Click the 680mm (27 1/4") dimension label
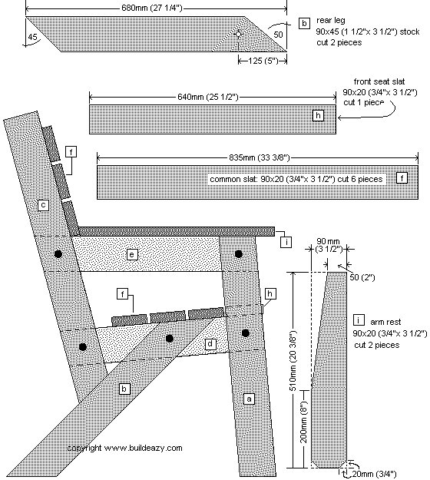coord(152,8)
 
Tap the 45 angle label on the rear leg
coord(32,37)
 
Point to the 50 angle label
coord(278,35)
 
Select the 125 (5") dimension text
coord(263,61)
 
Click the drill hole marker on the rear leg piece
coord(238,34)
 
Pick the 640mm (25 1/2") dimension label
coord(208,97)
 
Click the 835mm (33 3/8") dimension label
coord(260,157)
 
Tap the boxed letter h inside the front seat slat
coord(319,115)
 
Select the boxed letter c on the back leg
coord(43,205)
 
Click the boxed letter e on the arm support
coord(132,254)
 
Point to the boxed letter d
coord(210,344)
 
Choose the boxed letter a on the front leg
coord(249,399)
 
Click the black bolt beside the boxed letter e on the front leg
coord(238,253)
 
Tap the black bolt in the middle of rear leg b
coord(169,338)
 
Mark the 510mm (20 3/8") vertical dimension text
coord(293,360)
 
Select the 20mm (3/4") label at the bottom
coord(374,474)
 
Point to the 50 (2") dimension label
coord(362,277)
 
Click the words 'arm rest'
coord(385,322)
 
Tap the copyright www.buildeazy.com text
coord(125,448)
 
